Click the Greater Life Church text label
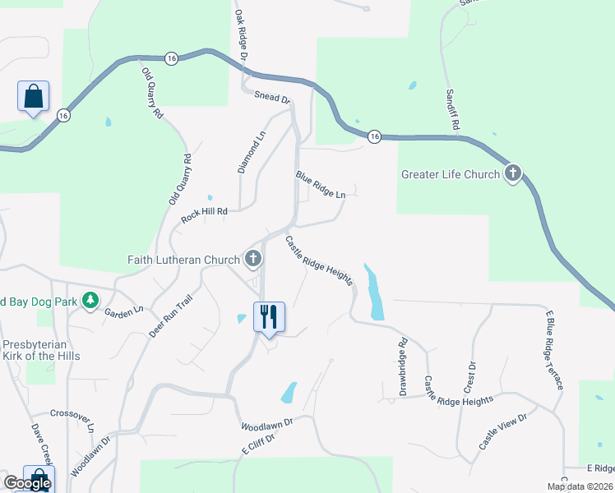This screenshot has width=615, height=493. coord(450,174)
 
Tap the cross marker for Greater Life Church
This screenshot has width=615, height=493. coord(513,173)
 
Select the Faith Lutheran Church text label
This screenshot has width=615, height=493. coord(183,260)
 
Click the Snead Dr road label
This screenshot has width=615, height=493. coord(273,98)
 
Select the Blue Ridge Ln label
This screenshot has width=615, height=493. coord(321,184)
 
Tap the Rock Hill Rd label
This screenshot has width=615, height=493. coord(204,215)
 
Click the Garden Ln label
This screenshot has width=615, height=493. coord(123,310)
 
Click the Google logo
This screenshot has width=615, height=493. coord(27,483)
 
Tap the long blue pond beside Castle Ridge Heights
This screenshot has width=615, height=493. coord(375,293)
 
